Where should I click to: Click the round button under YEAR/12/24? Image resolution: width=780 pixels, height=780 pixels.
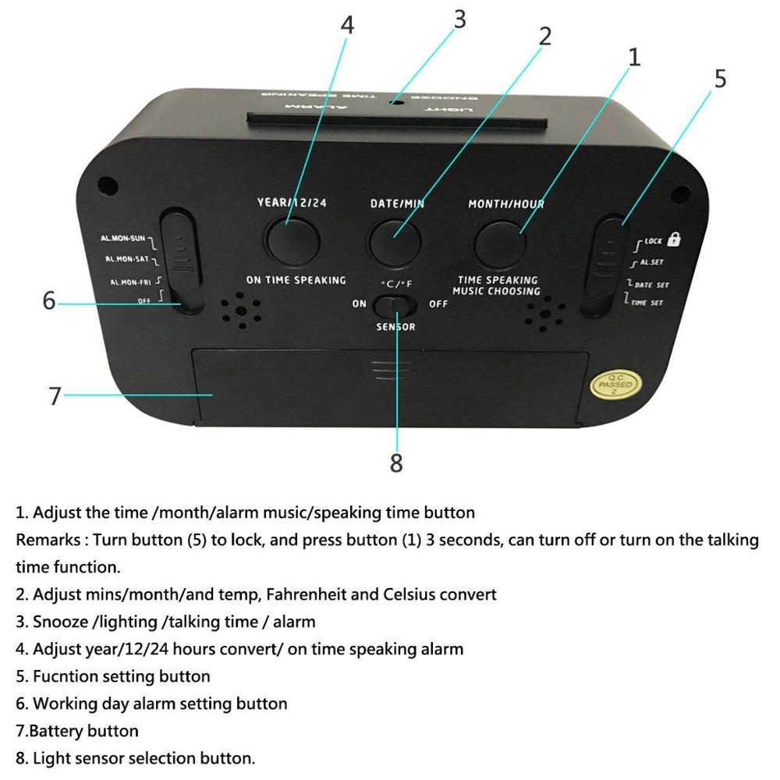(293, 239)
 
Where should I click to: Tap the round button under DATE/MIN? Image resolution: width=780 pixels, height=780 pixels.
(396, 239)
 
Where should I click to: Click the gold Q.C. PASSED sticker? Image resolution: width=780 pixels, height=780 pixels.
(615, 385)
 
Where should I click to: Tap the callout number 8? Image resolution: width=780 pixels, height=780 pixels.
(396, 463)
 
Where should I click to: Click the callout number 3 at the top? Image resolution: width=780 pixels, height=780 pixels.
(459, 19)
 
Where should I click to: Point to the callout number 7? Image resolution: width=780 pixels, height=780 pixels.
(55, 395)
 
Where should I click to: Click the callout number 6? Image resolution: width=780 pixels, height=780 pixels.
(48, 300)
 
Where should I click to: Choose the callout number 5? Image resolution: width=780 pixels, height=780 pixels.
(719, 79)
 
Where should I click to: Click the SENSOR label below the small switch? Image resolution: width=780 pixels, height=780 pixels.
(396, 327)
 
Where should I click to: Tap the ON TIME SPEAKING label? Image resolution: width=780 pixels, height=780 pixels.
(296, 280)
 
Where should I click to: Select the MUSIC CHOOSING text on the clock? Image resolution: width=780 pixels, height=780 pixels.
(496, 291)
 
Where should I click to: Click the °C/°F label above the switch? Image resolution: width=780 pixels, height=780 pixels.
(397, 284)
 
